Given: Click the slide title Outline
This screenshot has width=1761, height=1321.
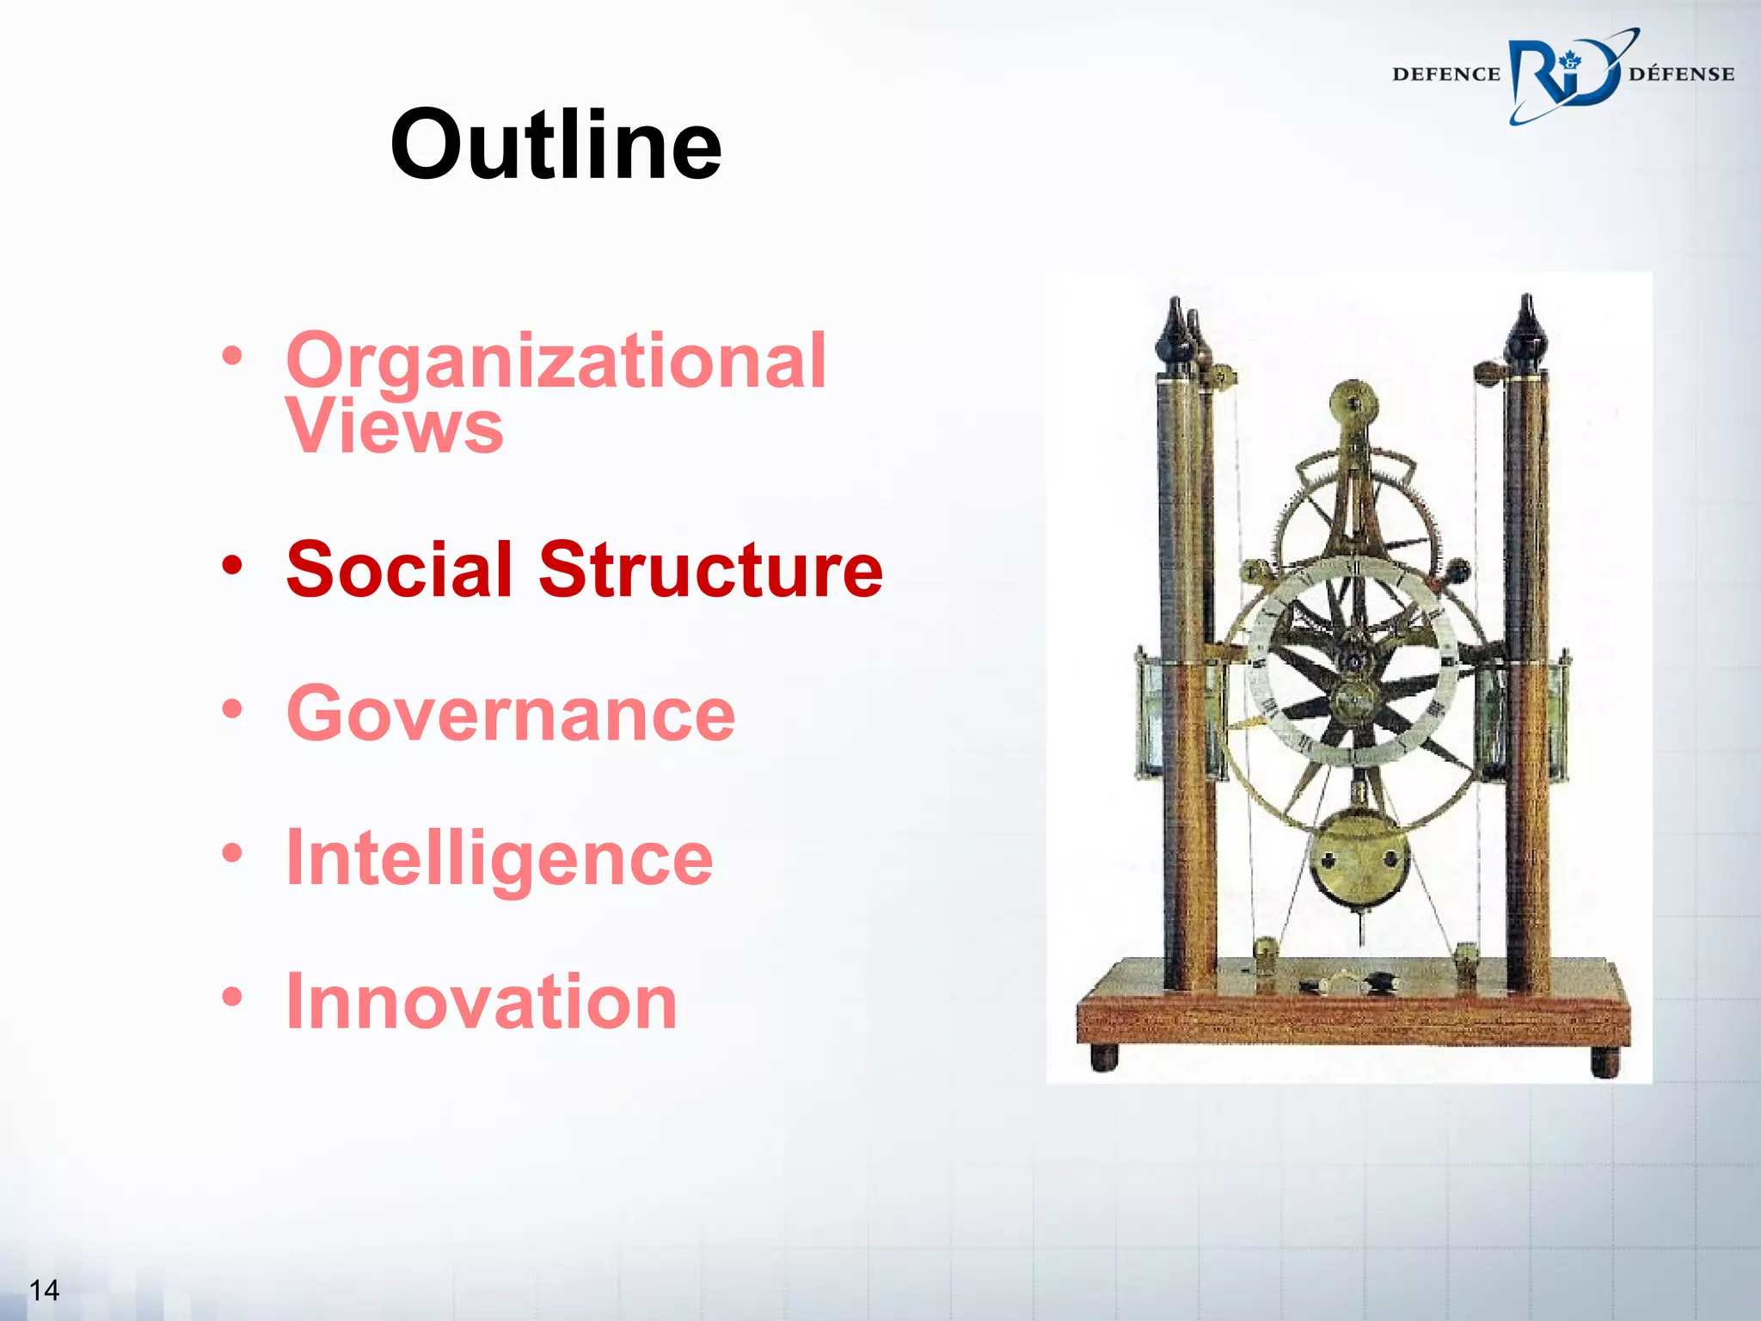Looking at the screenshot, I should (555, 144).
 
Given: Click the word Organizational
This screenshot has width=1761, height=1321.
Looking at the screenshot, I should (556, 361).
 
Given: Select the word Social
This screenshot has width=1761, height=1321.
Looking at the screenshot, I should (399, 569).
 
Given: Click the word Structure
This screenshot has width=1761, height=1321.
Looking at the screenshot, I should (710, 569).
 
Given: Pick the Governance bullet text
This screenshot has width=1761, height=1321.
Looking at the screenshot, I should (511, 713).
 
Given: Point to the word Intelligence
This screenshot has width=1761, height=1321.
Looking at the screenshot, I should (500, 857).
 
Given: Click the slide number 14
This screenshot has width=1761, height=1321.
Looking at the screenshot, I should (44, 1289).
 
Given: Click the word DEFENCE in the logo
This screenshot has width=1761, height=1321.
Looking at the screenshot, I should (1445, 75).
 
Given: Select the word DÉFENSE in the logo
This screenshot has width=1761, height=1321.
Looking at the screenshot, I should (1681, 75).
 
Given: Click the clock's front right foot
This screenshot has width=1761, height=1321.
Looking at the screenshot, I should (1605, 1061).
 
